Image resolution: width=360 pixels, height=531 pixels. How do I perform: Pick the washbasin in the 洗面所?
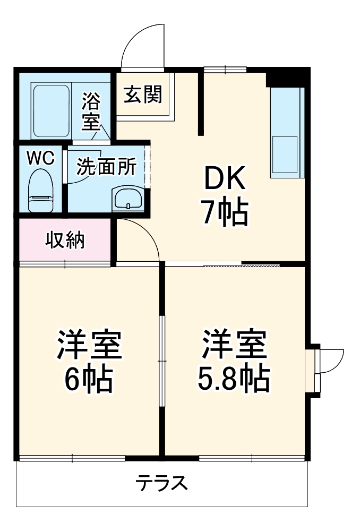point(127,200)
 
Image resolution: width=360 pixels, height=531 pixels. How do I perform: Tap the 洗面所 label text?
point(106,167)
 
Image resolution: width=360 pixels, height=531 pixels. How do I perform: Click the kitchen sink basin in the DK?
point(285,154)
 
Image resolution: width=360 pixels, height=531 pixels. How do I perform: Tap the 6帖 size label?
point(89,379)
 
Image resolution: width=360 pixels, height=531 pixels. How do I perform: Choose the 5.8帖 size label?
point(234,378)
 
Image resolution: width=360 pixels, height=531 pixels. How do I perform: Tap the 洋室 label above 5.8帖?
point(234,345)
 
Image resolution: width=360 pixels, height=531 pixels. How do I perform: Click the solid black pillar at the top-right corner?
point(287,77)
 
